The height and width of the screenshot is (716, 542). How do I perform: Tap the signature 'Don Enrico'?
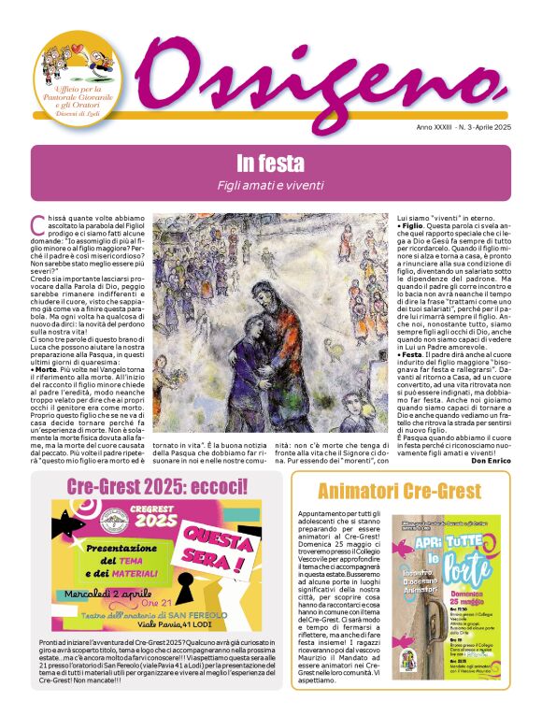tap(483, 461)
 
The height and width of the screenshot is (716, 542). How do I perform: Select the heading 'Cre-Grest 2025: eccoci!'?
tap(156, 487)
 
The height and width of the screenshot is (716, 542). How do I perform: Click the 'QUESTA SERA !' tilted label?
tap(221, 541)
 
